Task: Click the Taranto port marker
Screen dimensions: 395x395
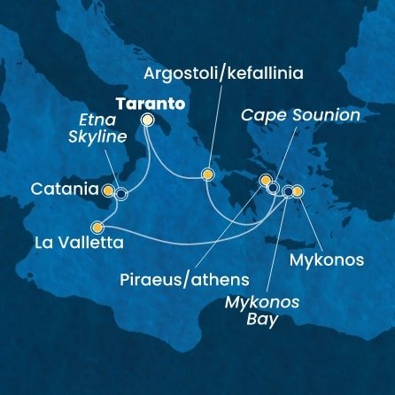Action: click(147, 119)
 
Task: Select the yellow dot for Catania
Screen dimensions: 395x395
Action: click(108, 190)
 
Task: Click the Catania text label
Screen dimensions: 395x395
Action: click(64, 189)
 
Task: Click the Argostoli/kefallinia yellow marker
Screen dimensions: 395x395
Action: click(207, 174)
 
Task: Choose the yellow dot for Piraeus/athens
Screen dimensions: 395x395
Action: click(264, 182)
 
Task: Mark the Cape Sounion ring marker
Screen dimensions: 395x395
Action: click(274, 188)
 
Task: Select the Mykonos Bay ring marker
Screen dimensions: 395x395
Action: click(288, 190)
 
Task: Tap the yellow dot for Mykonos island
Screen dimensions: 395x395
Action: click(298, 190)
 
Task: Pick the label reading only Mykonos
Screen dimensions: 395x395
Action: click(327, 261)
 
